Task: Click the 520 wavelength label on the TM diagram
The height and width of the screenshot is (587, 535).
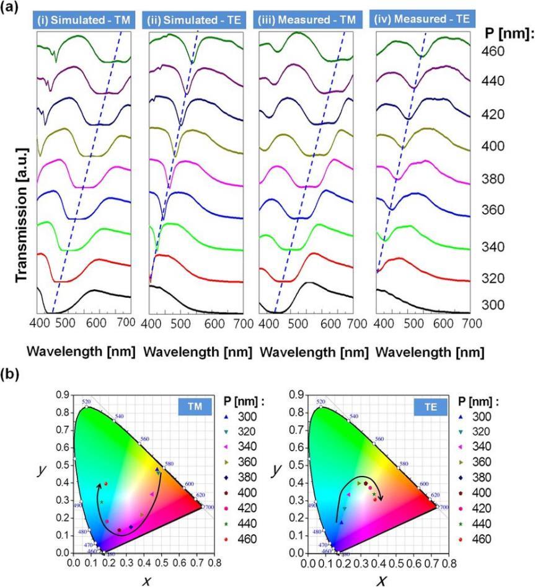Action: point(86,402)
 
